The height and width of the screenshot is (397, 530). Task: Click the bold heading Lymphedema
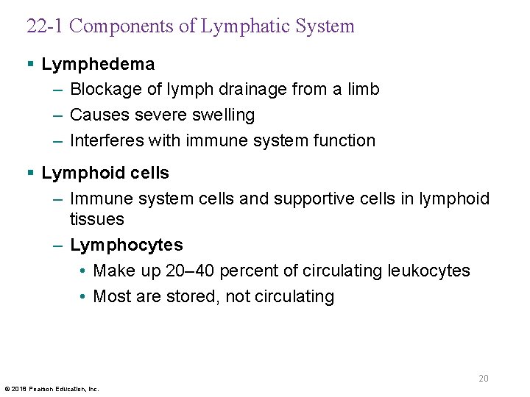click(98, 65)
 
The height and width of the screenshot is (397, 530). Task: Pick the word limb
click(364, 90)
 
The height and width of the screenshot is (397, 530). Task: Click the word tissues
click(96, 219)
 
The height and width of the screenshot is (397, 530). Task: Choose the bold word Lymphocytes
click(127, 245)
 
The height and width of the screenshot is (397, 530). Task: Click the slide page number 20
click(484, 379)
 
